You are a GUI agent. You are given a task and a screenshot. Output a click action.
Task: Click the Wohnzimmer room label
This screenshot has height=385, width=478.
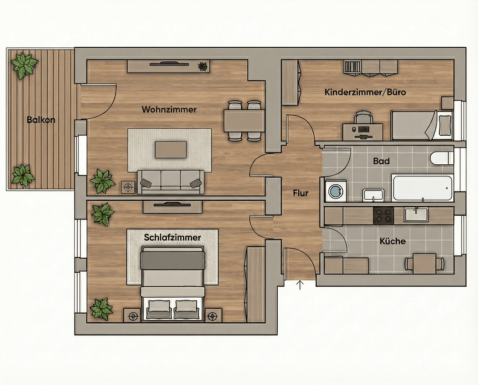pyautogui.click(x=169, y=109)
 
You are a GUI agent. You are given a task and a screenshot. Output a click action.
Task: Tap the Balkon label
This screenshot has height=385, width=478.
pyautogui.click(x=41, y=120)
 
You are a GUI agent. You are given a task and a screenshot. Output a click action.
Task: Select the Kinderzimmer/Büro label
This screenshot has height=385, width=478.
pyautogui.click(x=365, y=92)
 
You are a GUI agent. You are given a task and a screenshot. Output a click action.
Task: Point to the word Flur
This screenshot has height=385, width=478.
pyautogui.click(x=300, y=193)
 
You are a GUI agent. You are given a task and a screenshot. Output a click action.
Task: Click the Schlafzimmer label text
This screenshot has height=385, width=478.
pyautogui.click(x=173, y=237)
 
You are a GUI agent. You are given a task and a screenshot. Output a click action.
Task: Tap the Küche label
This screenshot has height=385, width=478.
pyautogui.click(x=392, y=241)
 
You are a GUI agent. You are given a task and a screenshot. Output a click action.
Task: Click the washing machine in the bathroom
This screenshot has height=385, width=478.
pyautogui.click(x=336, y=191)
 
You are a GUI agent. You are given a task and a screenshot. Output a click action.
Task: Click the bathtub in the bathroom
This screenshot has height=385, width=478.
pyautogui.click(x=422, y=188)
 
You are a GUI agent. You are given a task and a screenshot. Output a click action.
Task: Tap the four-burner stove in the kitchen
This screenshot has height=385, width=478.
pyautogui.click(x=384, y=215)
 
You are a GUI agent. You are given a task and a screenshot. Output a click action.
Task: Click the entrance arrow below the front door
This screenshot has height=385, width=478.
pyautogui.click(x=300, y=285)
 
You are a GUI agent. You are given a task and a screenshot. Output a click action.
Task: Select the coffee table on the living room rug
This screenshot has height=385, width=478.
pyautogui.click(x=171, y=150)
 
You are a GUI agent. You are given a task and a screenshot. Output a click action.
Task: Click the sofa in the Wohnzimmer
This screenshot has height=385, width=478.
pyautogui.click(x=171, y=182)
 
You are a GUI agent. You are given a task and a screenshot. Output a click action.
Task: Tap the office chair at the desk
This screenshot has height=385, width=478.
pyautogui.click(x=363, y=117)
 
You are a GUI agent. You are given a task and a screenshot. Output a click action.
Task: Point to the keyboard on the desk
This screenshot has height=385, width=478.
pyautogui.click(x=364, y=129)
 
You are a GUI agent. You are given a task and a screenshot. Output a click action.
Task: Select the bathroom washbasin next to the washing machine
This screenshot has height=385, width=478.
pyautogui.click(x=374, y=195)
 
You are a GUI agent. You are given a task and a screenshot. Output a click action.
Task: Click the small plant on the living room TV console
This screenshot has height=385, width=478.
pyautogui.click(x=202, y=66)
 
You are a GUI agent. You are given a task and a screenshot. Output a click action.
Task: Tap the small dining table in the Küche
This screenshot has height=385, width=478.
pyautogui.click(x=425, y=263)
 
